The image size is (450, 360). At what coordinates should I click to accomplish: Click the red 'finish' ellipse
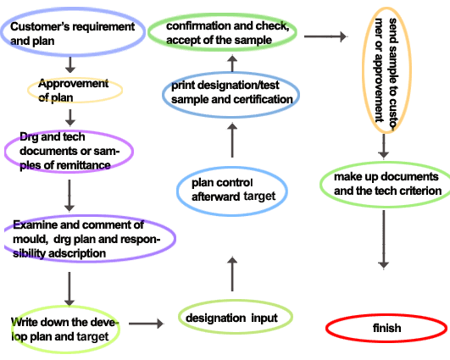(386, 328)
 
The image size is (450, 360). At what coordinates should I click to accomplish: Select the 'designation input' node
(236, 317)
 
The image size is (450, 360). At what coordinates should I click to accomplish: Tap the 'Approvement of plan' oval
(75, 90)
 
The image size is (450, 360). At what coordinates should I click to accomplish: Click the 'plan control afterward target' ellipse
(232, 191)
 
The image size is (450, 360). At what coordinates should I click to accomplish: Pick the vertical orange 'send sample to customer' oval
(386, 70)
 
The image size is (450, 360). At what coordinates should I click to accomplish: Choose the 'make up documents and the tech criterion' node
(386, 184)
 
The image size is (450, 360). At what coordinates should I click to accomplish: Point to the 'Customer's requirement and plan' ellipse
(73, 32)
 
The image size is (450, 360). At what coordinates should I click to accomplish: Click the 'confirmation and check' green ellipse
(222, 32)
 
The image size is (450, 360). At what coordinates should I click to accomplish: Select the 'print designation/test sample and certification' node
(231, 94)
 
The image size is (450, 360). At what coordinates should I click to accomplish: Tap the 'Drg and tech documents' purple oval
(69, 151)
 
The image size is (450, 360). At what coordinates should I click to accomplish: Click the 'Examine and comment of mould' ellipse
(90, 238)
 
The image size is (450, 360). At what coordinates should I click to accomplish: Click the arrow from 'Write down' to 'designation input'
(146, 324)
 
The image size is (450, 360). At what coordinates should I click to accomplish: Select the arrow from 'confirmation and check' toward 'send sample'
(325, 36)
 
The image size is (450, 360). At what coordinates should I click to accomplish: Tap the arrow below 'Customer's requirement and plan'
(70, 65)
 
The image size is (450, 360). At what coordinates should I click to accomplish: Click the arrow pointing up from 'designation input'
(232, 274)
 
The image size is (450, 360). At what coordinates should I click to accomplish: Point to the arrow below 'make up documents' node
(384, 240)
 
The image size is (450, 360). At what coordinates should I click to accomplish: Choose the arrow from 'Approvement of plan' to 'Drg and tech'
(70, 118)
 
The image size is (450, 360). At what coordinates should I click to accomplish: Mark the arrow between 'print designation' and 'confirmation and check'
(232, 64)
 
